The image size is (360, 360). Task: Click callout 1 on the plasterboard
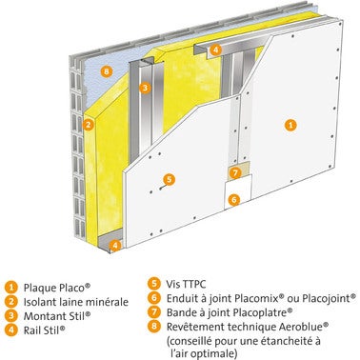[x=290, y=125]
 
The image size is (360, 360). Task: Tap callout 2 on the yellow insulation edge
[x=88, y=125]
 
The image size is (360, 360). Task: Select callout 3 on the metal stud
[x=145, y=88]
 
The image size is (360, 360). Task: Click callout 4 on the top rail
[x=215, y=50]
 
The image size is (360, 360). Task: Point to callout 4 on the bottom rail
[x=115, y=245]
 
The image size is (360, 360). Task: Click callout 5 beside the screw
[x=169, y=179]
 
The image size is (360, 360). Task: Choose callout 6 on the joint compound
[x=234, y=200]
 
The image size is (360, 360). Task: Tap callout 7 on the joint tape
[x=235, y=173]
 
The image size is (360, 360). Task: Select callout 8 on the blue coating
[x=106, y=71]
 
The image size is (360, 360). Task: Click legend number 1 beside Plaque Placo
[x=11, y=288]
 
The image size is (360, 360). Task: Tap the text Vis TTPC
[x=187, y=284]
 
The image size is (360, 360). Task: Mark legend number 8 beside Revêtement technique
[x=154, y=327]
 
